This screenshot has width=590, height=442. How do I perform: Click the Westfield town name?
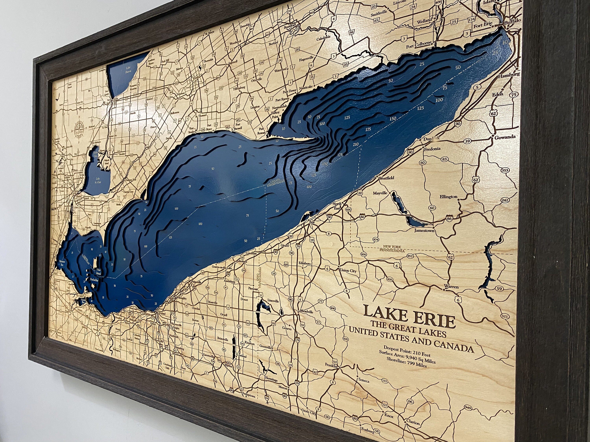click(384, 178)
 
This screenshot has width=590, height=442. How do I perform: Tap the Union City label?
click(348, 271)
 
